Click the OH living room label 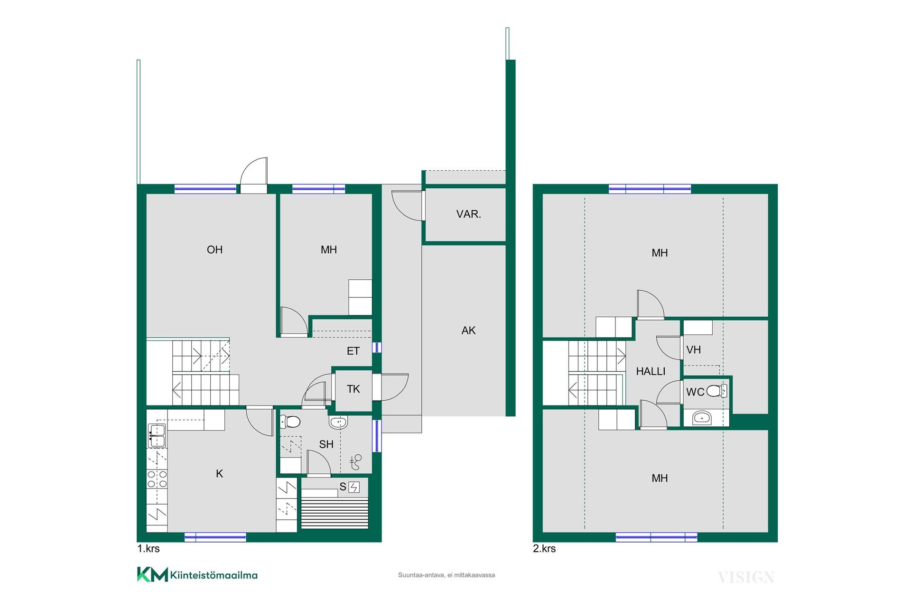pyautogui.click(x=214, y=250)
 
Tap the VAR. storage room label pyautogui.click(x=469, y=214)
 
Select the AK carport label pyautogui.click(x=468, y=331)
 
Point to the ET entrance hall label pyautogui.click(x=353, y=351)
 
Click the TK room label pyautogui.click(x=353, y=389)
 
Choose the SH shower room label pyautogui.click(x=326, y=444)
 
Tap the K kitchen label pyautogui.click(x=219, y=474)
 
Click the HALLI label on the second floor pyautogui.click(x=651, y=371)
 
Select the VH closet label pyautogui.click(x=693, y=350)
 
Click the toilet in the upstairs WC pyautogui.click(x=716, y=391)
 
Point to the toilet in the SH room pyautogui.click(x=290, y=422)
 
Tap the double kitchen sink pyautogui.click(x=157, y=436)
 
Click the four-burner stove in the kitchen pyautogui.click(x=157, y=478)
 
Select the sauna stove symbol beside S pyautogui.click(x=354, y=487)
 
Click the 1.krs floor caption pyautogui.click(x=149, y=549)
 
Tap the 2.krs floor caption pyautogui.click(x=544, y=549)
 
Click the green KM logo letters pyautogui.click(x=152, y=574)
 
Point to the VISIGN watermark pyautogui.click(x=746, y=578)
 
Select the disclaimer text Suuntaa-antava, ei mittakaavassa pyautogui.click(x=446, y=575)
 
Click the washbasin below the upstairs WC pyautogui.click(x=702, y=418)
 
